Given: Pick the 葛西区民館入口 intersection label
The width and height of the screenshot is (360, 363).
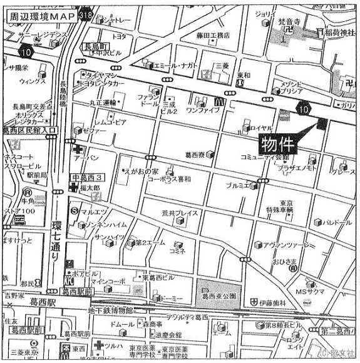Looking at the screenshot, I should coord(29,130).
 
